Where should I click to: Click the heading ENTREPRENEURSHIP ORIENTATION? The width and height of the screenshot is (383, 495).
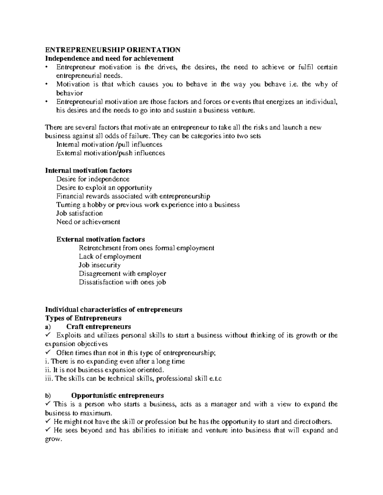(113, 50)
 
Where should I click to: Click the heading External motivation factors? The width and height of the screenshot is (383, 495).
(101, 239)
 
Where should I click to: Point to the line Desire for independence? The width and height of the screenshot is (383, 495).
(93, 179)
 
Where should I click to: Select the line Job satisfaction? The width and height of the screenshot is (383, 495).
(79, 213)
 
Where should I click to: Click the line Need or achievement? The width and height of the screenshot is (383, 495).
(88, 222)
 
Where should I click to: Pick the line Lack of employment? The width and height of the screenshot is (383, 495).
(110, 256)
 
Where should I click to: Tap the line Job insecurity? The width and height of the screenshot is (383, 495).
(100, 265)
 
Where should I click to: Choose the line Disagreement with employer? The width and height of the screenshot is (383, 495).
(122, 273)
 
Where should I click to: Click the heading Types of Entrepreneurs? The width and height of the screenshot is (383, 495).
(83, 318)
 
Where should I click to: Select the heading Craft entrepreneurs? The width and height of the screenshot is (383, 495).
(99, 327)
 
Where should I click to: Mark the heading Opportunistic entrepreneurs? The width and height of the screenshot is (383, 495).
(117, 396)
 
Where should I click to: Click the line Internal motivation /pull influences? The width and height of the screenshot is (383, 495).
(109, 144)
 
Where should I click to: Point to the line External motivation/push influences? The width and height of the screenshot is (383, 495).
(110, 153)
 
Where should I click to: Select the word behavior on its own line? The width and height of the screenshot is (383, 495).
(70, 93)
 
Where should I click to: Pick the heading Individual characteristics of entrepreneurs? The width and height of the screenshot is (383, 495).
(114, 309)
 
